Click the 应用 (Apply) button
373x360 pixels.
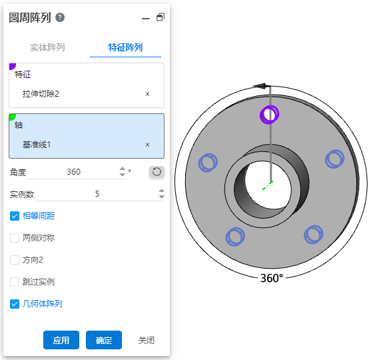[61, 340]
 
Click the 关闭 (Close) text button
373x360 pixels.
[147, 340]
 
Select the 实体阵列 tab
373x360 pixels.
[47, 47]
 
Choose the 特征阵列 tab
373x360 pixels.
[125, 47]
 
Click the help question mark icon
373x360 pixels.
[60, 17]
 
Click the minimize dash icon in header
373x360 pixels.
[146, 19]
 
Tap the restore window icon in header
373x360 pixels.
[161, 17]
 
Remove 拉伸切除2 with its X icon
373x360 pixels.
[147, 94]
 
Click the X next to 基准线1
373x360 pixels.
[147, 145]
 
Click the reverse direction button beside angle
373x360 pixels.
[157, 172]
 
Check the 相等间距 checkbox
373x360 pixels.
[15, 216]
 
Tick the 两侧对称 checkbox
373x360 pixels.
[15, 238]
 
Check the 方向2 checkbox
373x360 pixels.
[15, 260]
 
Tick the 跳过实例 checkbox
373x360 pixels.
[15, 282]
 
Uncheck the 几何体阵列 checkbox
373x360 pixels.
[15, 304]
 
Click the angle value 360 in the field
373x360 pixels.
[73, 172]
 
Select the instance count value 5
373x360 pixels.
[97, 194]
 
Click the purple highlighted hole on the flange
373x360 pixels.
[269, 115]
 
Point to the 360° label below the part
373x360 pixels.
[272, 278]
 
